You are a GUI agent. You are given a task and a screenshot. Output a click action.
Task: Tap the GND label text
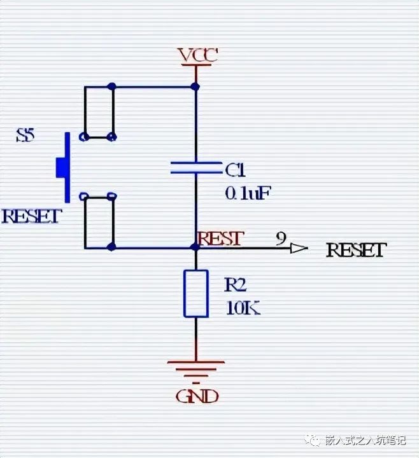(x=197, y=396)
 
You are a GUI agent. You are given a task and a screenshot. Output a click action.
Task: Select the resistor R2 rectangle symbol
(x=196, y=293)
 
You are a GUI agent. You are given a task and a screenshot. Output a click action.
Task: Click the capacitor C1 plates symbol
(x=196, y=168)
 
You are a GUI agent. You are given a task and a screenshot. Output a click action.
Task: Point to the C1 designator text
(x=235, y=170)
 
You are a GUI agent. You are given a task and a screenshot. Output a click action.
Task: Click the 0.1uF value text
(x=248, y=192)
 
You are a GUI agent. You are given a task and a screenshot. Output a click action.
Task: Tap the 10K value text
(x=243, y=308)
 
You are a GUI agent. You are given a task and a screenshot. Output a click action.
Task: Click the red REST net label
(x=220, y=238)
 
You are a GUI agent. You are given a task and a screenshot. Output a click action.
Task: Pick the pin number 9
(x=281, y=239)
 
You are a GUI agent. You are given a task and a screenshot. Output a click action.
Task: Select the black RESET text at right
(x=356, y=250)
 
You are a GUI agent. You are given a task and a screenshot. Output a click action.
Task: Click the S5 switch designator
(x=27, y=135)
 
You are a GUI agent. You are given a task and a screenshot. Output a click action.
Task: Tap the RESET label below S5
(x=31, y=216)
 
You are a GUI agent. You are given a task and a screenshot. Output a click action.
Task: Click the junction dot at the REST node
(x=196, y=247)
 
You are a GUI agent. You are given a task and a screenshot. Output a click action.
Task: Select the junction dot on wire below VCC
(x=196, y=86)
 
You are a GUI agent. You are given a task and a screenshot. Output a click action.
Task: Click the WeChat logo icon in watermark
(x=313, y=440)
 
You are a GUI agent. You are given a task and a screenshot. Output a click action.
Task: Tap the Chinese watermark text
(x=365, y=440)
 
